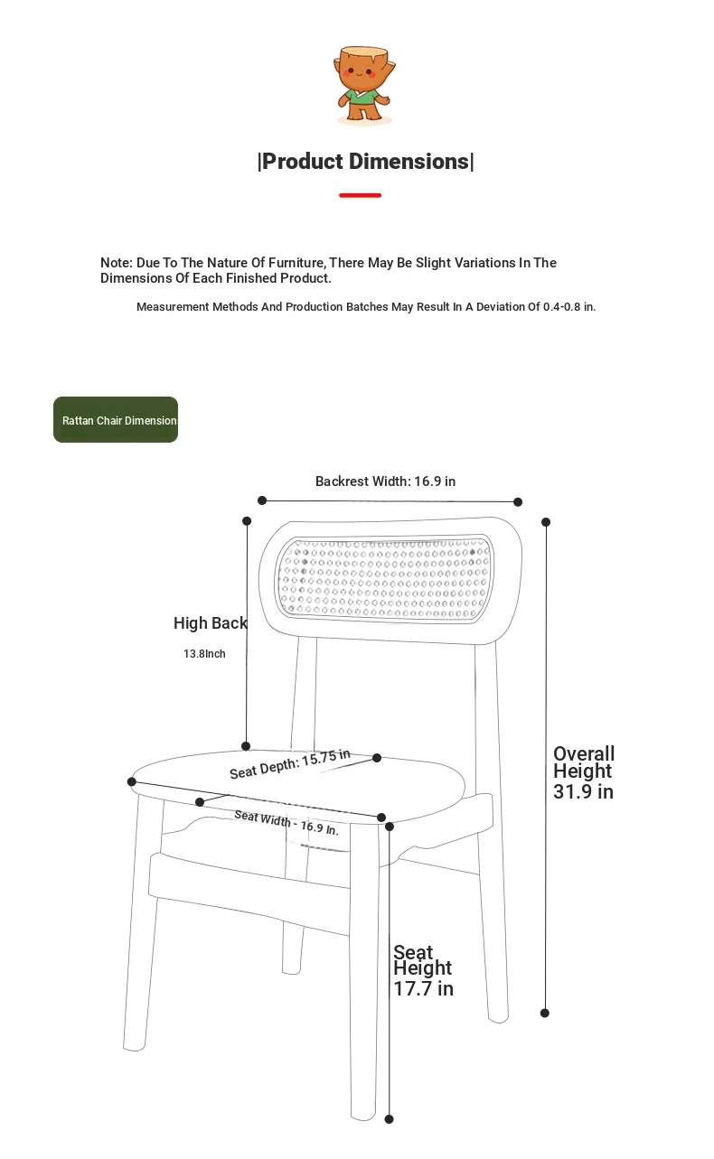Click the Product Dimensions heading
click(x=365, y=162)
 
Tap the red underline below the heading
click(x=360, y=195)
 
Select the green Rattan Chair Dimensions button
click(x=116, y=420)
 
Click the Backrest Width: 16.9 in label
click(x=385, y=481)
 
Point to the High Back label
click(x=210, y=623)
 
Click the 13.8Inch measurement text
click(x=204, y=654)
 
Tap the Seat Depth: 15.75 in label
click(x=289, y=764)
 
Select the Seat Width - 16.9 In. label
click(x=286, y=822)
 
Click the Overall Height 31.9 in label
click(x=584, y=772)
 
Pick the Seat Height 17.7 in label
click(x=423, y=970)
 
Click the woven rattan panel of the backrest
click(x=384, y=578)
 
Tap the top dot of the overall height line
click(x=546, y=522)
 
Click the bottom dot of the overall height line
click(x=545, y=1013)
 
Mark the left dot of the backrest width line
click(x=262, y=500)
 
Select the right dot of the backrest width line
click(x=518, y=501)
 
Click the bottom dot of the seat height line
click(x=390, y=1119)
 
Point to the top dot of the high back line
click(x=247, y=521)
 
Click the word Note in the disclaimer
click(x=116, y=263)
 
